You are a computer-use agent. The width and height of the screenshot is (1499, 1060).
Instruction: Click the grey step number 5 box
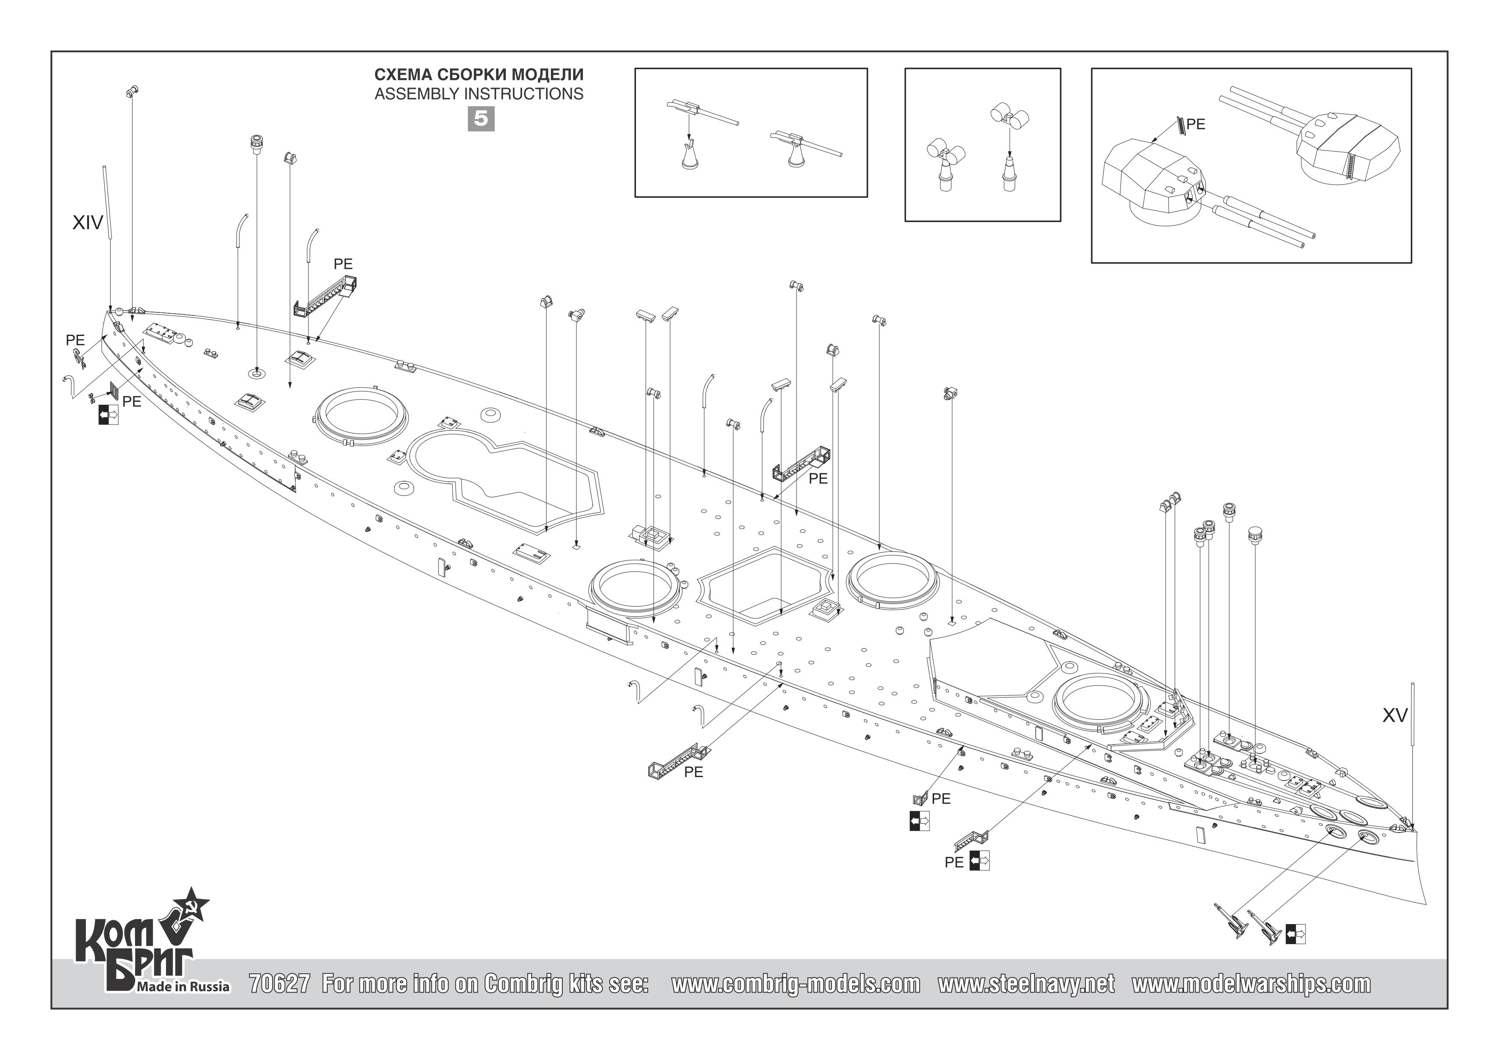pyautogui.click(x=481, y=119)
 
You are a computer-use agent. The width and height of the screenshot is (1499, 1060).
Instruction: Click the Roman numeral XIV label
pyautogui.click(x=88, y=224)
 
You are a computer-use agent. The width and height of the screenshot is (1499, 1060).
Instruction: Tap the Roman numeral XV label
pyautogui.click(x=1395, y=716)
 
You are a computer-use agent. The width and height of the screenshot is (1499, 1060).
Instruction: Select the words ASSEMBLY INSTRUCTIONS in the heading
pyautogui.click(x=479, y=94)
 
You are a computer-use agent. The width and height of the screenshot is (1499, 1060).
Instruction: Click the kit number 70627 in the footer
pyautogui.click(x=279, y=984)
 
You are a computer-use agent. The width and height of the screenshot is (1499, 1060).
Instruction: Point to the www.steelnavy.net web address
pyautogui.click(x=1026, y=984)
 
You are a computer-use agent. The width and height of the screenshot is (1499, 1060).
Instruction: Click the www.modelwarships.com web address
pyautogui.click(x=1251, y=984)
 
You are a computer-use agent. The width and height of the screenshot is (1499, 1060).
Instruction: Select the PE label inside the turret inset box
pyautogui.click(x=1196, y=124)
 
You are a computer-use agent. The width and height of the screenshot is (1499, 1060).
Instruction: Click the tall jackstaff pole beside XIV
pyautogui.click(x=107, y=203)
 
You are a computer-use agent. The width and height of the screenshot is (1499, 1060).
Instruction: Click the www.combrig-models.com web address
pyautogui.click(x=795, y=984)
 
